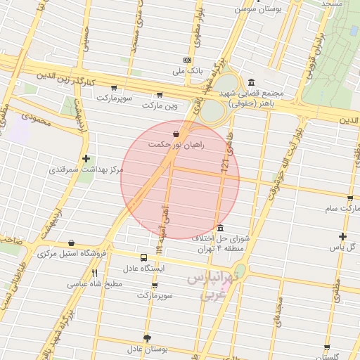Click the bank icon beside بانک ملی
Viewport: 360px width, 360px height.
click(186, 60)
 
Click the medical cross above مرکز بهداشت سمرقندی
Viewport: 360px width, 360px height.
click(86, 159)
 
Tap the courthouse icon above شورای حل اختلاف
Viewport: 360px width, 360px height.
click(221, 229)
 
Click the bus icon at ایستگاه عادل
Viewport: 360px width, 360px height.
click(143, 257)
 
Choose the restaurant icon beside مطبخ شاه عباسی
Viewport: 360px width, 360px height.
click(94, 274)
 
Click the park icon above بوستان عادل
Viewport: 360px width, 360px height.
click(146, 338)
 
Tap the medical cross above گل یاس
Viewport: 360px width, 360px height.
click(342, 236)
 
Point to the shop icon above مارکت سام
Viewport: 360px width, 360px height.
click(349, 198)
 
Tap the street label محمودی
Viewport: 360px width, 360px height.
click(37, 120)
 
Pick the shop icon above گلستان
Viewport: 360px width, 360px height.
click(327, 347)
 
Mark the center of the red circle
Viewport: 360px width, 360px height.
click(180, 179)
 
